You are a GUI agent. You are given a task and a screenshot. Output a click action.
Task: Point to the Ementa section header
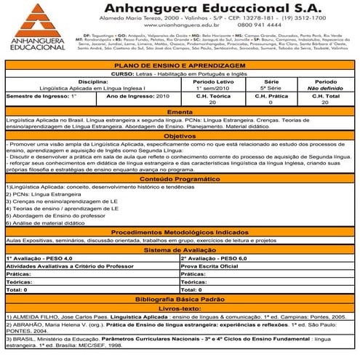click(x=180, y=112)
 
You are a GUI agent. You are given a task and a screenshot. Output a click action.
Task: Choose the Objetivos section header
click(x=180, y=136)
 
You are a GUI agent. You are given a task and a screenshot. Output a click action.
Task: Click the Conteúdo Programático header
click(x=180, y=179)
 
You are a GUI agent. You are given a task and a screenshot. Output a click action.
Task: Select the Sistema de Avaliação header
click(x=180, y=249)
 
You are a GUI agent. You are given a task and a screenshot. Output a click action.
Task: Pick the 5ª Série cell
click(x=272, y=88)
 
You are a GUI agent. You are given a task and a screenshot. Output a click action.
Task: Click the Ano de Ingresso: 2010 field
click(x=137, y=96)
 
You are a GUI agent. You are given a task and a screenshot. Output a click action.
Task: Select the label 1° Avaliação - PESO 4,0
click(x=40, y=258)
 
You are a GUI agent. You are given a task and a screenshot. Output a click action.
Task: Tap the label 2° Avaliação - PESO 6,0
click(x=215, y=258)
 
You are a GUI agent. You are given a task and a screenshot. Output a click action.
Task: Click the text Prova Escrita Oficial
click(x=211, y=266)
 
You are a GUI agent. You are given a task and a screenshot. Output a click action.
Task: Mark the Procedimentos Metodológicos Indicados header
click(x=180, y=231)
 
